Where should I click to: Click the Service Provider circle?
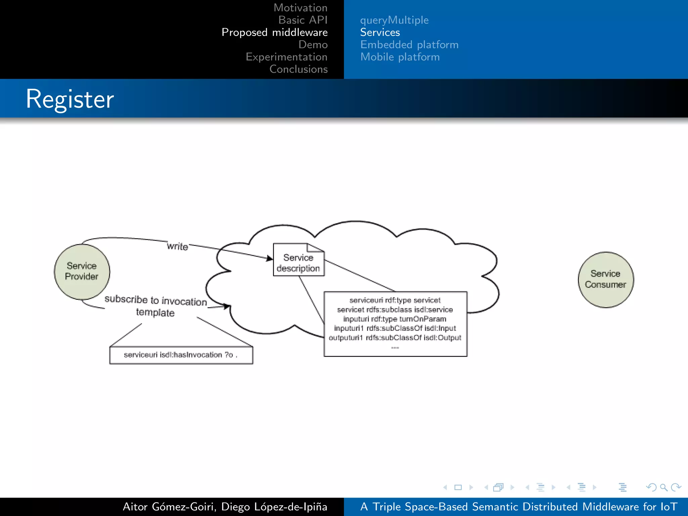(x=82, y=271)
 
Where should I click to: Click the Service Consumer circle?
(x=605, y=279)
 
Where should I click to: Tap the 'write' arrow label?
(x=177, y=246)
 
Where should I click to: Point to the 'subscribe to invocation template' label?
(x=156, y=306)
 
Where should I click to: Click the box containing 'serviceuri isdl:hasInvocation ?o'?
(x=181, y=355)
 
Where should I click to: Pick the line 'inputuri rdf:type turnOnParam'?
(x=395, y=319)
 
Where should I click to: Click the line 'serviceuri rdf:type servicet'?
(x=395, y=300)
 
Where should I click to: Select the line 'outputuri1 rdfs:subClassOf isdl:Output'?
(x=395, y=338)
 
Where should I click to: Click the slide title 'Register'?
(x=70, y=99)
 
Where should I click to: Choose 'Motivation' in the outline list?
(x=300, y=8)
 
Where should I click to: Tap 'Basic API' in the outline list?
(x=303, y=20)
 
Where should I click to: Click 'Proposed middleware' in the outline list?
(x=274, y=32)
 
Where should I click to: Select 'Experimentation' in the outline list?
(x=286, y=57)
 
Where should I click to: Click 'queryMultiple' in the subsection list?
(x=394, y=20)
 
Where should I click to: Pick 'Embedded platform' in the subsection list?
(x=409, y=45)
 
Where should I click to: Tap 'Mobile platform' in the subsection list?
(x=400, y=57)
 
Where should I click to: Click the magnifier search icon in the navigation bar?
(x=663, y=487)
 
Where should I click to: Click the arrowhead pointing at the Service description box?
(x=270, y=258)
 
